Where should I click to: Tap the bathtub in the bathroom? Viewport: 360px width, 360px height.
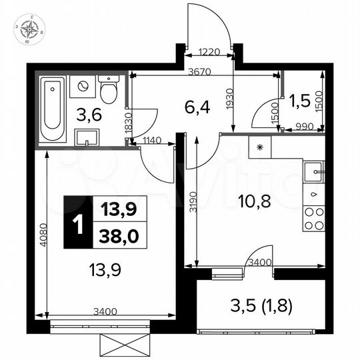pos(51,110)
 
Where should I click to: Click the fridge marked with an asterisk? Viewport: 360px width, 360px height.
pos(261,145)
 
